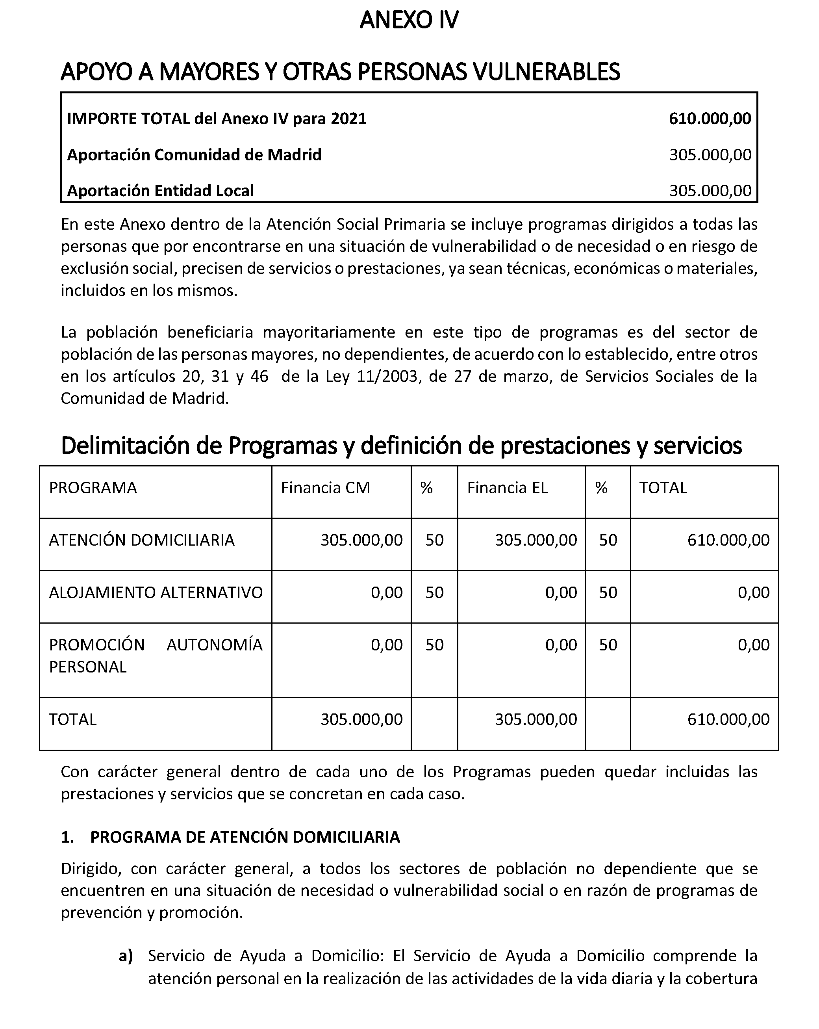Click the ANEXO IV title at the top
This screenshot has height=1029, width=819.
(x=409, y=20)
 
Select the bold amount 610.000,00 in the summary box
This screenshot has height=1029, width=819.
(x=710, y=118)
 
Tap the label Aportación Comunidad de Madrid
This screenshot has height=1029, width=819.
(x=194, y=155)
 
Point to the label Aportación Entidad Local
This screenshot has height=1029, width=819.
(x=160, y=190)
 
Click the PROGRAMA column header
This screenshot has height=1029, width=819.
(x=93, y=487)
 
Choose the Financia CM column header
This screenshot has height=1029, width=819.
(x=325, y=487)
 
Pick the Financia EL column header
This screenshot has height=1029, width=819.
(x=507, y=487)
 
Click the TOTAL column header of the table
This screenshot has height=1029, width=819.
(x=663, y=487)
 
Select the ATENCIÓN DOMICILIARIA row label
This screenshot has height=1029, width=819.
(x=142, y=540)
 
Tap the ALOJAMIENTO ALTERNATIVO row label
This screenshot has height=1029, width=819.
(x=156, y=592)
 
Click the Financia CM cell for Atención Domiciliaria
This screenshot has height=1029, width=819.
(x=361, y=540)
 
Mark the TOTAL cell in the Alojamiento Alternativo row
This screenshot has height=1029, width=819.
(x=754, y=592)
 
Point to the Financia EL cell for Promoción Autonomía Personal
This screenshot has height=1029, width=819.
(x=561, y=645)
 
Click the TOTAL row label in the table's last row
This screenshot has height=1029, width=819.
(x=72, y=719)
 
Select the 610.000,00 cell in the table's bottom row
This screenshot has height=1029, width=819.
(x=728, y=719)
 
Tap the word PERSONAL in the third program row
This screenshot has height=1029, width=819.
(x=88, y=667)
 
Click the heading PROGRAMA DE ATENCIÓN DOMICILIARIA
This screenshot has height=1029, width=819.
(x=245, y=837)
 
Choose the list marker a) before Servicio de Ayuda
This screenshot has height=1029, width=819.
(x=126, y=955)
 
